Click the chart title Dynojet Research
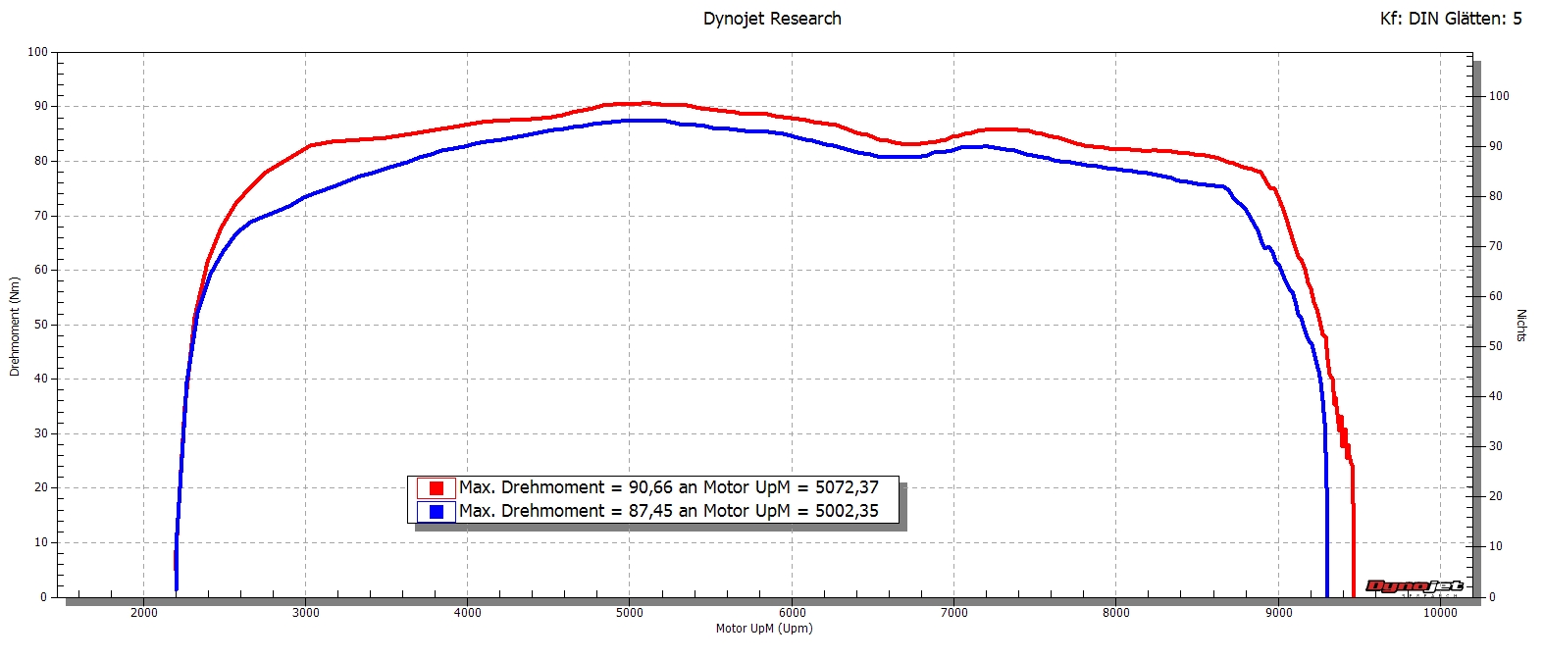point(772,19)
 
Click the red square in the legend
point(437,488)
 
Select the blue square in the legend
point(437,512)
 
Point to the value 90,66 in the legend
point(650,487)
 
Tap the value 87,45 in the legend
point(650,511)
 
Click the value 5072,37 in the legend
point(847,487)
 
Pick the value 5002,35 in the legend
point(847,511)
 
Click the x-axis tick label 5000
point(630,613)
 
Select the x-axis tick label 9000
point(1278,613)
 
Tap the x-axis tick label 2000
point(143,613)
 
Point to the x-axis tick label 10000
point(1440,613)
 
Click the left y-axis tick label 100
point(37,52)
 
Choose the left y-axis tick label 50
point(40,325)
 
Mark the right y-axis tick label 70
point(1496,246)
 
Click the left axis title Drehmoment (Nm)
point(15,327)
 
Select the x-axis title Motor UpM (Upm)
point(764,629)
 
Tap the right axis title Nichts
point(1521,326)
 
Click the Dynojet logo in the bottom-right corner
point(1414,586)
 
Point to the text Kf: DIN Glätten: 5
point(1451,19)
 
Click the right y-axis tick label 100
point(1499,96)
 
